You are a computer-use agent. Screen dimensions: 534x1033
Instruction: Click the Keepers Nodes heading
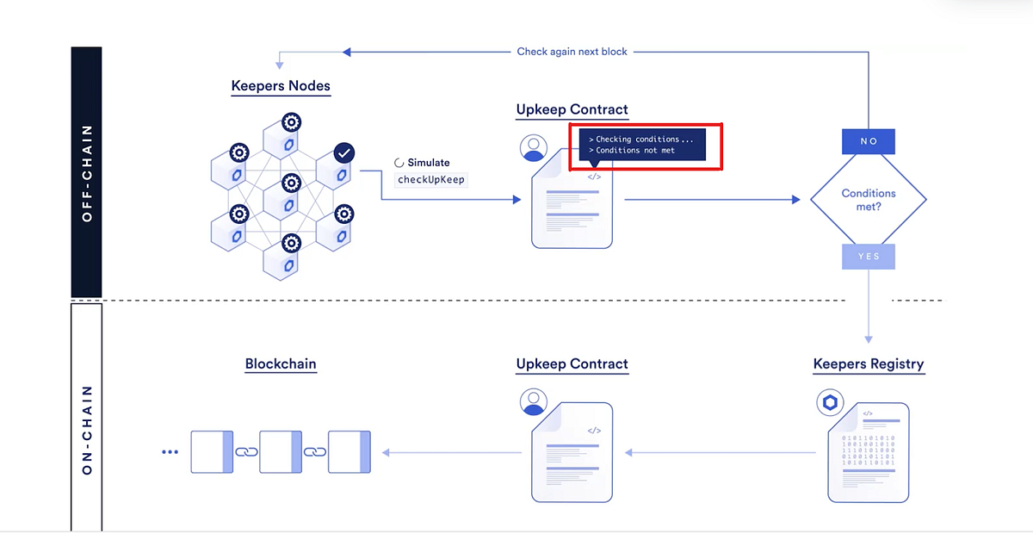(281, 86)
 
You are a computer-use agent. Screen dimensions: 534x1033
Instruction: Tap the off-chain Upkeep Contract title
(572, 110)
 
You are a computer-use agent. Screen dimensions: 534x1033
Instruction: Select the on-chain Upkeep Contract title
(572, 364)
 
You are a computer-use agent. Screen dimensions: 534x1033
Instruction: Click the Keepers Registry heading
(868, 364)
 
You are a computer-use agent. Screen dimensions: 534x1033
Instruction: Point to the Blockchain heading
(281, 364)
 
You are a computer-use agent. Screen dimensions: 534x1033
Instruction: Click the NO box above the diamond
(869, 141)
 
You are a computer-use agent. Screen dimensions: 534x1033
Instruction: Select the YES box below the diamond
(869, 257)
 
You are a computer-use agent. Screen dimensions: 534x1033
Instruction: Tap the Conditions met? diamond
(869, 200)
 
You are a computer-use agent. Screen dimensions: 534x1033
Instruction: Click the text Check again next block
(572, 52)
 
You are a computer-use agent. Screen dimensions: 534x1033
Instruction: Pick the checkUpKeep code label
(430, 180)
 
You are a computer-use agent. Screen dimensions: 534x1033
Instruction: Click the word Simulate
(428, 162)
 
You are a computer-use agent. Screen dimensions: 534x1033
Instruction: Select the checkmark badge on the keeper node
(343, 153)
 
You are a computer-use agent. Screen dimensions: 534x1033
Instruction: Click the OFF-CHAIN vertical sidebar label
(87, 172)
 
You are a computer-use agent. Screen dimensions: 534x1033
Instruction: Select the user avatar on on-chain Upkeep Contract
(534, 402)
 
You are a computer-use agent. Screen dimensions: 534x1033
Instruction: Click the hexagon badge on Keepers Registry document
(830, 402)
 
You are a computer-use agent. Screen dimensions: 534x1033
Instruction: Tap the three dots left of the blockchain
(170, 452)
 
